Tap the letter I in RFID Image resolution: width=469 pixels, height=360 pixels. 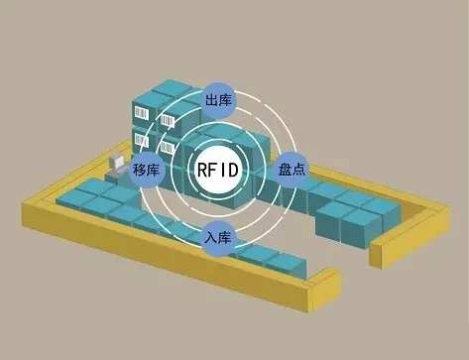223,170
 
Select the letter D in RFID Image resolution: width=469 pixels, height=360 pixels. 233,170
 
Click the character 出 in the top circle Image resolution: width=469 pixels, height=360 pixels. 211,101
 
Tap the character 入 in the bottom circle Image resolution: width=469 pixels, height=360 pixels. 211,238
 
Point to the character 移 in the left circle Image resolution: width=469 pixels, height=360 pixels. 139,170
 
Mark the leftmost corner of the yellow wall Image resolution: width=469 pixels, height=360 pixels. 25,209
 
